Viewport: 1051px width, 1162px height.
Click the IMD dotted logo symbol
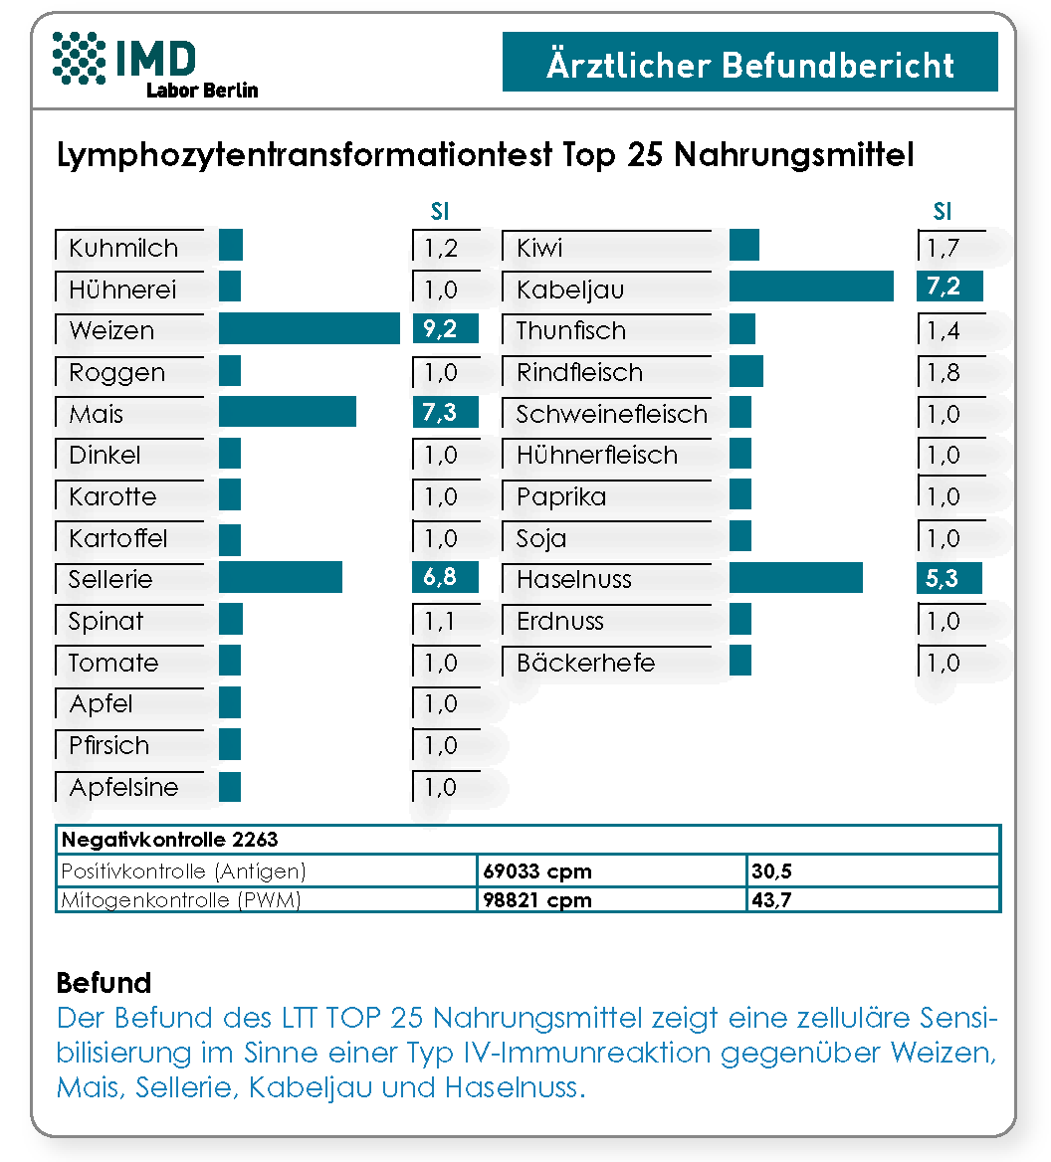click(x=80, y=58)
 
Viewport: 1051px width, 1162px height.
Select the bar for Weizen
click(x=310, y=328)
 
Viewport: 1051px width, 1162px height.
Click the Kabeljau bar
click(x=811, y=287)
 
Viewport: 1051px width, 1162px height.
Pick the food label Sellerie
click(x=110, y=579)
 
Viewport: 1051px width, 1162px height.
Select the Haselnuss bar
click(x=796, y=578)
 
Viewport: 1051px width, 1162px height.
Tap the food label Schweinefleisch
click(x=611, y=414)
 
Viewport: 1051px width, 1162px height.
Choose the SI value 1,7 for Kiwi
click(x=944, y=248)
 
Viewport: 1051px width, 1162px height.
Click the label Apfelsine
click(x=123, y=787)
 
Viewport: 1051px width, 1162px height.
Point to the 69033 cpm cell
click(x=537, y=871)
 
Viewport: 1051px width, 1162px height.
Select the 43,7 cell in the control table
click(x=771, y=899)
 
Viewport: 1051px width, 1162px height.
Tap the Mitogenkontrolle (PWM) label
click(x=181, y=899)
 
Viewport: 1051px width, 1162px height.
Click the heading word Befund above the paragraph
click(x=104, y=983)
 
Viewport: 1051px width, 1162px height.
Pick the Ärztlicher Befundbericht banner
click(x=750, y=62)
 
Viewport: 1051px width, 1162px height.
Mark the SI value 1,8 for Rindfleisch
click(x=944, y=372)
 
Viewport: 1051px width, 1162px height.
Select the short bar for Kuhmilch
click(x=231, y=246)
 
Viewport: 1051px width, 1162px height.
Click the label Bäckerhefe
click(x=585, y=663)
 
